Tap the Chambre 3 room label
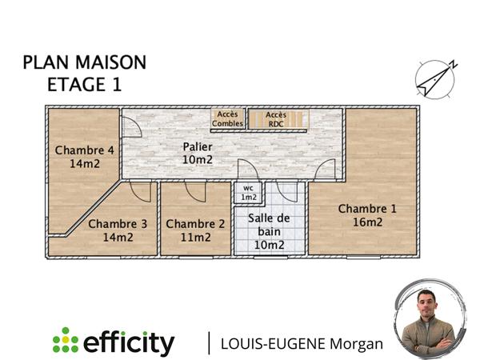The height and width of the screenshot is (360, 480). [x=117, y=224]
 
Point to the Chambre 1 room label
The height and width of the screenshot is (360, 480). [x=367, y=209]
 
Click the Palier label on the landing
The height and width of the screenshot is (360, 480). [x=197, y=146]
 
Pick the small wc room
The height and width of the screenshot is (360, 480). [x=248, y=193]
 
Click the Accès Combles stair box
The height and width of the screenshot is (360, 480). [x=228, y=118]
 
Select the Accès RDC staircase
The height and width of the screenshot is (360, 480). [x=277, y=118]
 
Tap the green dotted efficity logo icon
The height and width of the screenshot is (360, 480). [x=65, y=340]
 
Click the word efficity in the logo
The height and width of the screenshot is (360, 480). [x=129, y=342]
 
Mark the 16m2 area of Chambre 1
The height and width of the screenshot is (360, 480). [x=367, y=222]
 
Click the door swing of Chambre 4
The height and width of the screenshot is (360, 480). [x=127, y=126]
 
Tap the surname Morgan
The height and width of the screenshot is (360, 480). [x=354, y=344]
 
